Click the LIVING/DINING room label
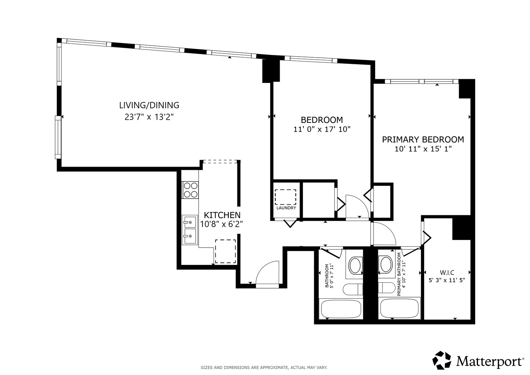coord(149,105)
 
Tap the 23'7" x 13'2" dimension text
coord(149,117)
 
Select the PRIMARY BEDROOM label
coord(423,140)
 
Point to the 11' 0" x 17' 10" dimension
coord(322,129)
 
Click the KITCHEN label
coord(222,215)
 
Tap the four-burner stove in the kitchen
coord(190,190)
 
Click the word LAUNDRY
coord(286,208)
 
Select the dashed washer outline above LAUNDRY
coord(285,197)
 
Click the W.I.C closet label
coord(447,273)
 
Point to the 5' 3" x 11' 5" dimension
coord(447,280)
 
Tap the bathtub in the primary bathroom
coord(399,308)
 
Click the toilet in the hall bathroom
coord(353,289)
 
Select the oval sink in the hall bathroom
coord(355,266)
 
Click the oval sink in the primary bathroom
coord(386,264)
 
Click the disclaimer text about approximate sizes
coord(264,367)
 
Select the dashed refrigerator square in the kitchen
coord(225,251)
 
